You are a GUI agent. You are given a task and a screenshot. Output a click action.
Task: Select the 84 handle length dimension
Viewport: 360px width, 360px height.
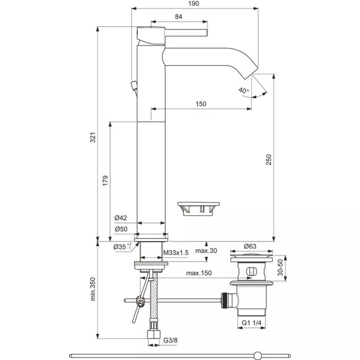(178, 17)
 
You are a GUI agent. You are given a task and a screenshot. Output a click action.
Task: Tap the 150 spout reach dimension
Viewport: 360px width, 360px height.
(200, 104)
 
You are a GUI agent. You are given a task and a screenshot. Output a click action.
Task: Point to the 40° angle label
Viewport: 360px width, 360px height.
(243, 90)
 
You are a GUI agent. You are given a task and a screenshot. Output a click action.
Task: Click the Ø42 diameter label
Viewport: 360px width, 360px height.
(121, 217)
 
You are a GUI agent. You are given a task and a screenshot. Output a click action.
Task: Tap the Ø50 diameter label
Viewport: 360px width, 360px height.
(121, 228)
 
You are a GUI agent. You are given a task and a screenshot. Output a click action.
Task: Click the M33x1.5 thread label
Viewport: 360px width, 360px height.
(176, 253)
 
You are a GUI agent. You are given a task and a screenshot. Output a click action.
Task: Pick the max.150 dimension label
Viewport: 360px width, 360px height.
(198, 273)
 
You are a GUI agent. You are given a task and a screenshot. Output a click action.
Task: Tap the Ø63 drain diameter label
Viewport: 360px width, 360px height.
(250, 246)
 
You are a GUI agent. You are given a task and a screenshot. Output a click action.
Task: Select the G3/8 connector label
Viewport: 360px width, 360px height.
(171, 341)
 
